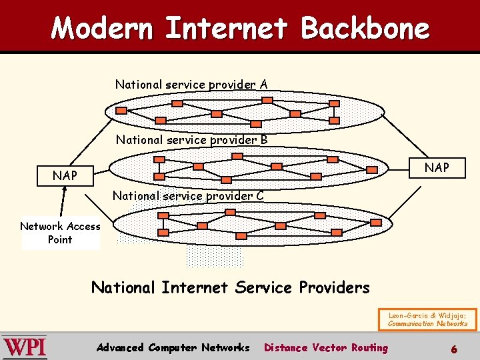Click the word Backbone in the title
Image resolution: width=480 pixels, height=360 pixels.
click(365, 28)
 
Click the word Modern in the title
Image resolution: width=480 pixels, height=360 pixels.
click(102, 28)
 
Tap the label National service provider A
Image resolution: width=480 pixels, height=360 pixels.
click(191, 85)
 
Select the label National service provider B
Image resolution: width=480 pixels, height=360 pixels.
click(191, 140)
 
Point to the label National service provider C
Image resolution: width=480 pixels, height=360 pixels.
click(188, 196)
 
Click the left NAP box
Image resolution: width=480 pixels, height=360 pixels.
click(65, 176)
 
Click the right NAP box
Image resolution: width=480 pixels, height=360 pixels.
click(437, 167)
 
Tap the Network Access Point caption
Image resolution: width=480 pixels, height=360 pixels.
click(60, 233)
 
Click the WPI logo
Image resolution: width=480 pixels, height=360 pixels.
click(25, 347)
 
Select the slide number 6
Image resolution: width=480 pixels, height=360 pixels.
click(454, 349)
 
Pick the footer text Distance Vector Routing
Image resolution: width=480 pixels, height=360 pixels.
click(326, 347)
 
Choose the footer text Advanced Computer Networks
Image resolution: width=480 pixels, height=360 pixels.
click(173, 347)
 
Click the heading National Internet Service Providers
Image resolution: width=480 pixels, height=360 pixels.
click(230, 287)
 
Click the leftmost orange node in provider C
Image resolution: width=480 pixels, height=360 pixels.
click(163, 232)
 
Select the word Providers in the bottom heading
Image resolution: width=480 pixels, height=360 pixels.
click(334, 287)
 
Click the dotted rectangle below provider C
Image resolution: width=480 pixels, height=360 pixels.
click(215, 255)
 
